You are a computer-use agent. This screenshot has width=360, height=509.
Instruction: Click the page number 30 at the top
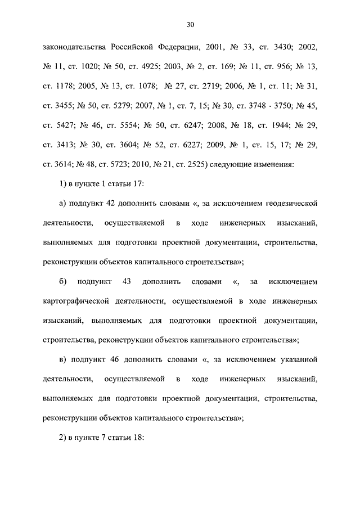tap(190, 25)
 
